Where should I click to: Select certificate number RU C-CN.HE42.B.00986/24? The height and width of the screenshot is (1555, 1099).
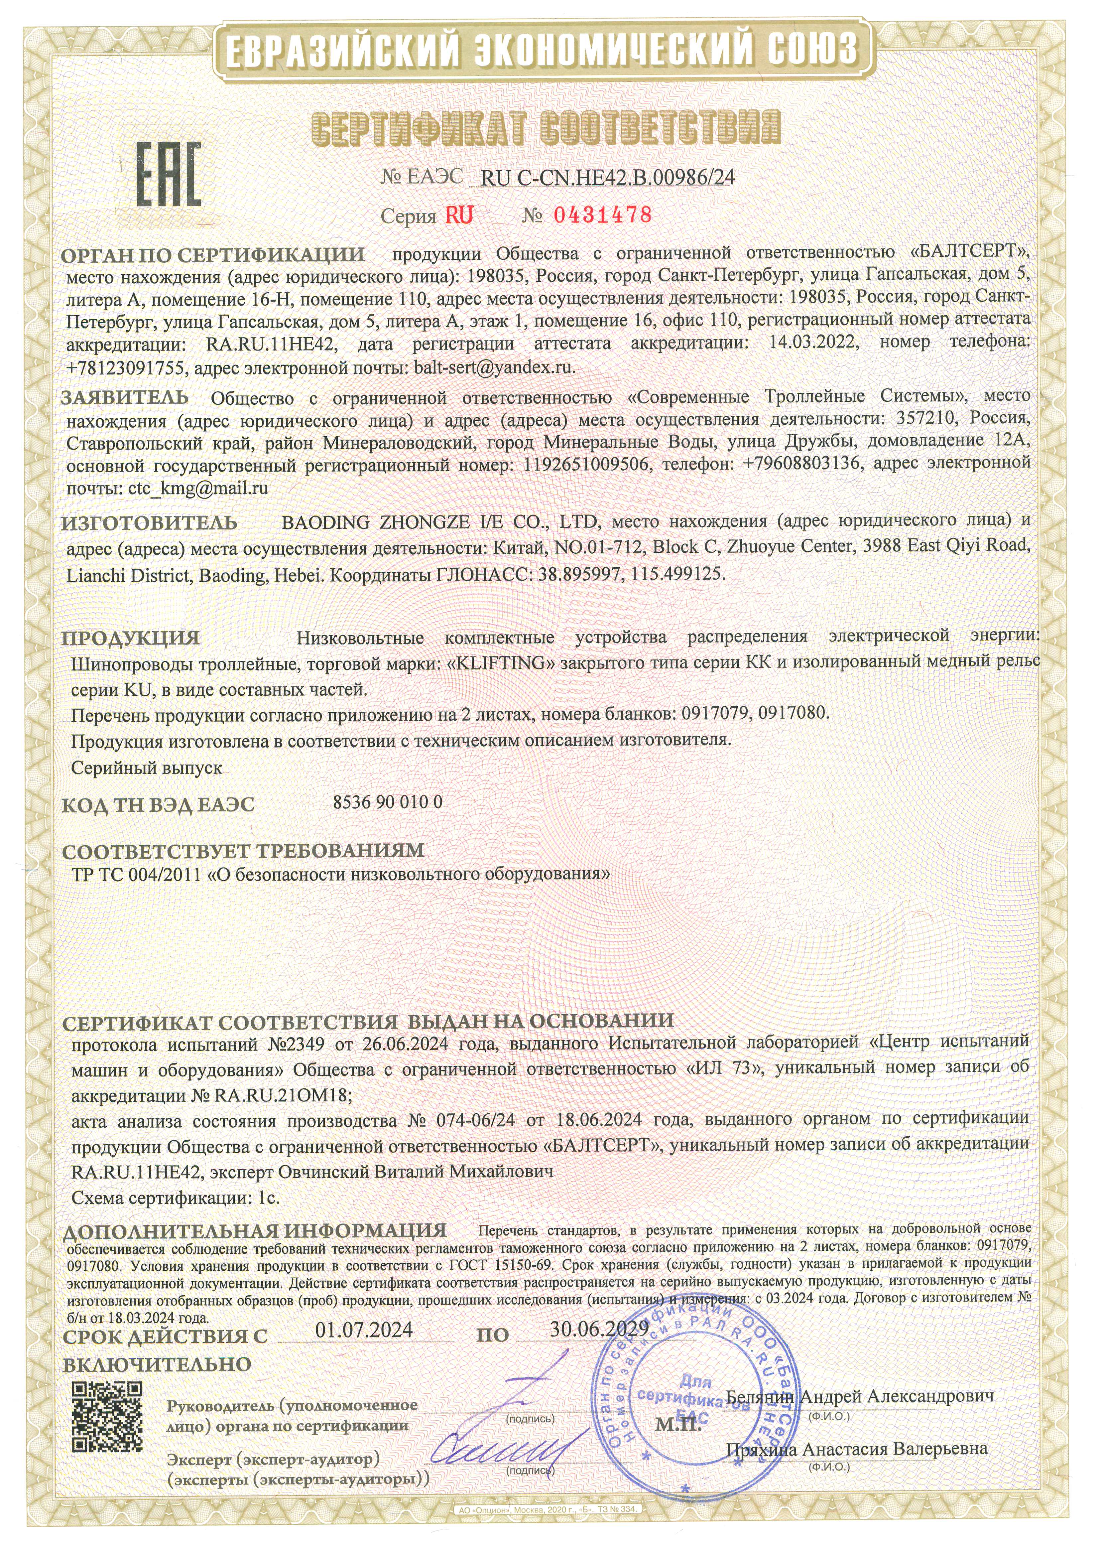pyautogui.click(x=607, y=178)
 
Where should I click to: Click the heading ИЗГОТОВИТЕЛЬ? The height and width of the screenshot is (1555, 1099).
pyautogui.click(x=150, y=523)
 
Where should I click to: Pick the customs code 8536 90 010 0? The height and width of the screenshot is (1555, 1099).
pyautogui.click(x=388, y=802)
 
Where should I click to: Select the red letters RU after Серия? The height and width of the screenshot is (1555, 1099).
pyautogui.click(x=459, y=215)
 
